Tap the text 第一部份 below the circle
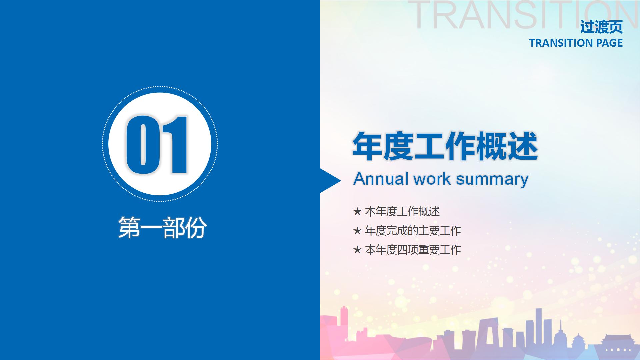pyautogui.click(x=162, y=228)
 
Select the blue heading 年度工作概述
pyautogui.click(x=445, y=147)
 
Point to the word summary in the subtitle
pyautogui.click(x=492, y=179)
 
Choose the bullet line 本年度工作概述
pyautogui.click(x=402, y=211)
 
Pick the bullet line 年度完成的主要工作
pyautogui.click(x=413, y=231)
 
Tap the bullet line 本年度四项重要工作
pyautogui.click(x=413, y=250)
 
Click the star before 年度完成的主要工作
pyautogui.click(x=357, y=231)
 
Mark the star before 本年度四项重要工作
pyautogui.click(x=357, y=250)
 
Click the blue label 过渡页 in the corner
pyautogui.click(x=601, y=27)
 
